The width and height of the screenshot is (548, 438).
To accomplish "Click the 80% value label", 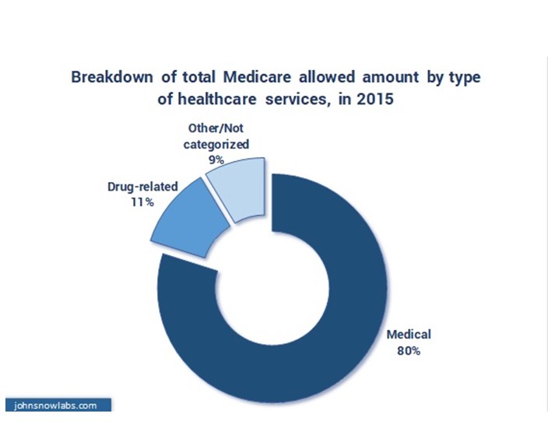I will point(408,351).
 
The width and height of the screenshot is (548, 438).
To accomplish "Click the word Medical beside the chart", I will point(408,335).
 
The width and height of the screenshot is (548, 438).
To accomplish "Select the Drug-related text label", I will point(142,186).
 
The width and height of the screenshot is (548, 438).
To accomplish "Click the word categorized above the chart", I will point(216,144).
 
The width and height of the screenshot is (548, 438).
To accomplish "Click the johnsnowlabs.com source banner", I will point(58,405).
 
